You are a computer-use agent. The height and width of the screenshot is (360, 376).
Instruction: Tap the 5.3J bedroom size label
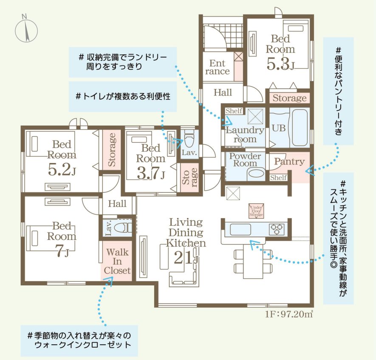pos(280,64)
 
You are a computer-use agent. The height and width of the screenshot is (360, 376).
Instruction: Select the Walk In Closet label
pos(117,261)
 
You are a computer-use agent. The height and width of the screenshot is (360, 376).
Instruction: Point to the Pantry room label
pos(289,162)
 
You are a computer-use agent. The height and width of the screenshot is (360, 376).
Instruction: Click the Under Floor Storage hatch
pos(256,211)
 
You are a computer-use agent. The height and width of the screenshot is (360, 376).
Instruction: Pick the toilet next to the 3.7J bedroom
pos(189,138)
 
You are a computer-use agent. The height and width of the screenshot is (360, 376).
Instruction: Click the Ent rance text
pos(218,67)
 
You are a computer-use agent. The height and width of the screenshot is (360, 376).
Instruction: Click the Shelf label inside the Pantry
pos(278,177)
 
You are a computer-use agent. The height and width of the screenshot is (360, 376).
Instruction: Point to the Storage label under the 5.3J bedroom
pos(289,98)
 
